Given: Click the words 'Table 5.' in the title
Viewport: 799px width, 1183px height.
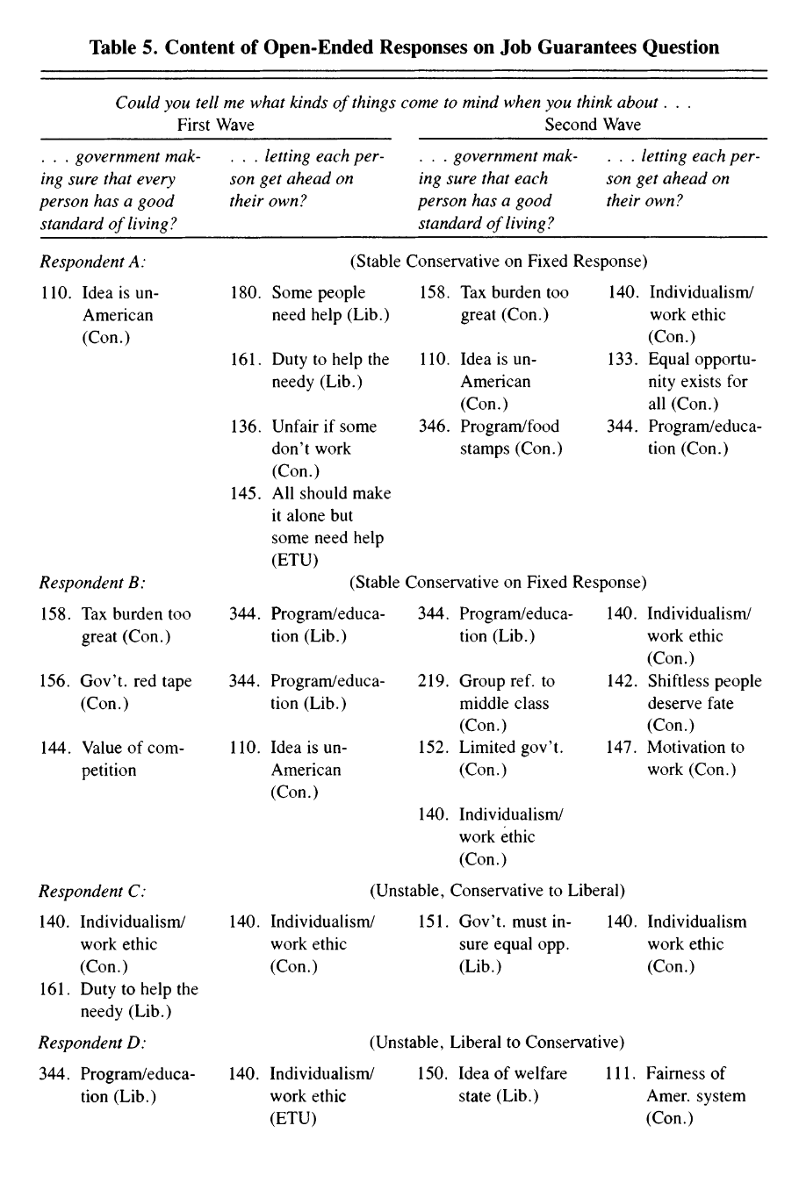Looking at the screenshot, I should (124, 47).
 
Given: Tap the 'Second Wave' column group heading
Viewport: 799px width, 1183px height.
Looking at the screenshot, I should (593, 125).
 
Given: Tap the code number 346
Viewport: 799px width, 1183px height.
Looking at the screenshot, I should (434, 427).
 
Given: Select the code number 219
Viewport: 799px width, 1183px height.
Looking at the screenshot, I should (433, 681).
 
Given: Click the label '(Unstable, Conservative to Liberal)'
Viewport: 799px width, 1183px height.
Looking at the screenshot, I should (498, 891).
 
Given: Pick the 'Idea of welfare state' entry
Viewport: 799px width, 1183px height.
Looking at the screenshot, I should (513, 1084).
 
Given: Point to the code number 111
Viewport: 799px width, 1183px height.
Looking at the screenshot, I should (621, 1073).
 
